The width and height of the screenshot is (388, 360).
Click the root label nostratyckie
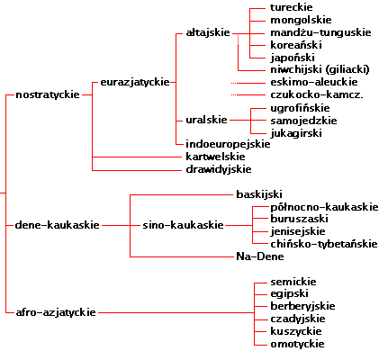tap(48, 94)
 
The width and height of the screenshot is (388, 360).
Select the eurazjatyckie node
tap(135, 82)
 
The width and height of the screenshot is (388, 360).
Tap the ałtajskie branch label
tap(208, 32)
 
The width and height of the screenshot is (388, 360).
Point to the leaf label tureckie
tap(292, 7)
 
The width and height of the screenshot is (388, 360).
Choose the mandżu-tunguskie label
tap(320, 32)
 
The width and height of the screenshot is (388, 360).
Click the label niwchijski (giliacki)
tap(320, 69)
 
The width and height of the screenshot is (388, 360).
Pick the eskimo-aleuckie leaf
tap(314, 82)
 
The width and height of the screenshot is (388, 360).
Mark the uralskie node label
tap(206, 120)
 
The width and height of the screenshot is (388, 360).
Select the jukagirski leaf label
tap(296, 133)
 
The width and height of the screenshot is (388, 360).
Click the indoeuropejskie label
tap(228, 144)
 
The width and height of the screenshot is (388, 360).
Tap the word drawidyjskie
tap(219, 169)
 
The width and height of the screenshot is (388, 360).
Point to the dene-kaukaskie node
tap(57, 225)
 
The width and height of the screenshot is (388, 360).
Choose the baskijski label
tap(259, 194)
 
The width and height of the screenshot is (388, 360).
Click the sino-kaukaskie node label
tap(183, 225)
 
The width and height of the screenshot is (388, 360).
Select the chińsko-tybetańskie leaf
tap(324, 244)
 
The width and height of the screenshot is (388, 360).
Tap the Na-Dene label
tap(260, 256)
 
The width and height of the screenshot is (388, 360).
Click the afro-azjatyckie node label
tap(56, 312)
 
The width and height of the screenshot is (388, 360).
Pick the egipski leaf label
tap(289, 294)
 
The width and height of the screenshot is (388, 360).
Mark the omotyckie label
tap(297, 344)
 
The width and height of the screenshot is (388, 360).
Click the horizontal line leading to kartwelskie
tap(138, 157)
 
